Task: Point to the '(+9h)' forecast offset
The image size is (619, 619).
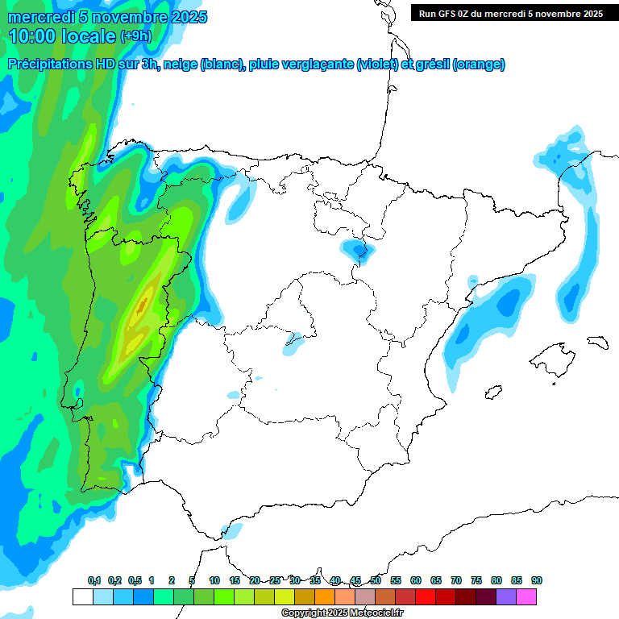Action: click(135, 36)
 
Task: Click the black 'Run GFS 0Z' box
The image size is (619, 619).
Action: click(511, 14)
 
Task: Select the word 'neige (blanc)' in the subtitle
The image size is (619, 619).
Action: click(202, 64)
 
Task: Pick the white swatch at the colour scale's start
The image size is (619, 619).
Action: click(82, 596)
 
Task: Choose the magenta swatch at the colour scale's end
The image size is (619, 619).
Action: click(527, 596)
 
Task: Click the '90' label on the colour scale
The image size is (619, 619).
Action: click(537, 580)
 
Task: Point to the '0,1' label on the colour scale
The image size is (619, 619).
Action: click(94, 580)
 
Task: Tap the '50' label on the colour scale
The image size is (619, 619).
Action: click(376, 580)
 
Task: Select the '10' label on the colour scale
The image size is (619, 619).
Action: click(214, 580)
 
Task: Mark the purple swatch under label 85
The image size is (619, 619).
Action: click(507, 596)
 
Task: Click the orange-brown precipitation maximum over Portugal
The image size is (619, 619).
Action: click(142, 306)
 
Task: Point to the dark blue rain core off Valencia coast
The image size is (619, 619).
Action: click(509, 301)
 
